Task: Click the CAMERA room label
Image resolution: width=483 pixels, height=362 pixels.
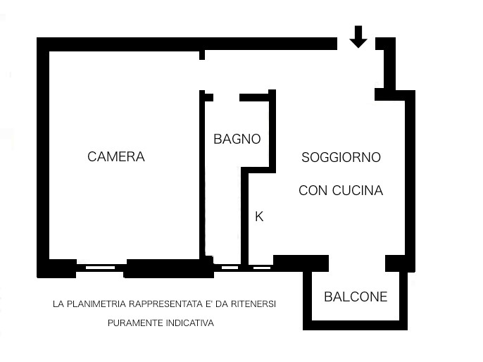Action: click(116, 156)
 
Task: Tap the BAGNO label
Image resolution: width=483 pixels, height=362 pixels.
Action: click(237, 139)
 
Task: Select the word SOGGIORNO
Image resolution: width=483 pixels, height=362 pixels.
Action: click(341, 158)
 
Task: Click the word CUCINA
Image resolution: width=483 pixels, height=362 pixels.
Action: click(358, 190)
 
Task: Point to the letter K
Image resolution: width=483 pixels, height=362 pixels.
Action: click(259, 217)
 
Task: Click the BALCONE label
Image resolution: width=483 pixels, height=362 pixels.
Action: click(356, 297)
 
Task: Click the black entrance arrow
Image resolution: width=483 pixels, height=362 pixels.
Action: click(358, 37)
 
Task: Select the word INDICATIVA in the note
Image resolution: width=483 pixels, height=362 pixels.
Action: click(190, 323)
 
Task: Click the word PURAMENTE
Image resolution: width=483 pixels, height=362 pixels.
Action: click(135, 323)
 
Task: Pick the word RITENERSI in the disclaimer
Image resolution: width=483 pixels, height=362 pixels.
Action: click(253, 304)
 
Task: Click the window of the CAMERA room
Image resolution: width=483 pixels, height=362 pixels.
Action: click(100, 268)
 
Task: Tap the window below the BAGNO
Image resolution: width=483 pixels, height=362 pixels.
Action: click(230, 268)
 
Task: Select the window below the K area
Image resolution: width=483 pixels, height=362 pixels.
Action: click(262, 268)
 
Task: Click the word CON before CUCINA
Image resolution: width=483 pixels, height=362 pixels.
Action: click(313, 190)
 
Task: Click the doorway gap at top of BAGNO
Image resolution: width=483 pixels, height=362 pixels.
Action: click(227, 98)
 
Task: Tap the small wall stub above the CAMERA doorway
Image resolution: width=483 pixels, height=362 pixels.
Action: click(202, 55)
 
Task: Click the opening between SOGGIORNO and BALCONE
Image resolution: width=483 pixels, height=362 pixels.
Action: click(357, 263)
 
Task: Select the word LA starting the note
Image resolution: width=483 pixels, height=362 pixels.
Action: click(58, 304)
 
